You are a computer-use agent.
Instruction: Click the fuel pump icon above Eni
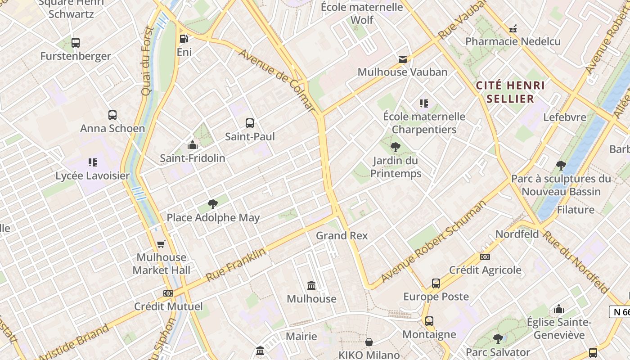pos(184,39)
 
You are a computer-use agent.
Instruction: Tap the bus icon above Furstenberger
pos(76,43)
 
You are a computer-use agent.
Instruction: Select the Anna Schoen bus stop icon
pos(112,115)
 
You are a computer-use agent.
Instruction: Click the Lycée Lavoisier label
pos(92,175)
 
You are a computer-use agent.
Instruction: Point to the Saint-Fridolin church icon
pos(193,145)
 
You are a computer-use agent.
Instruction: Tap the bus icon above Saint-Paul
pos(250,123)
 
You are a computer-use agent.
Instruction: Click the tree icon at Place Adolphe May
pos(213,204)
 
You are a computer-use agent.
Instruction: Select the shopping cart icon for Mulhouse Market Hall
pos(161,244)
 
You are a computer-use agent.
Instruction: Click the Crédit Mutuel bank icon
pos(168,293)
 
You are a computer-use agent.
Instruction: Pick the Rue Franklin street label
pos(236,265)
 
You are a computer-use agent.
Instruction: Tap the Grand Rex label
pos(342,235)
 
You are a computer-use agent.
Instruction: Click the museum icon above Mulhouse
pos(311,285)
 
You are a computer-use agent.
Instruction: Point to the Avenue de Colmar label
pos(276,79)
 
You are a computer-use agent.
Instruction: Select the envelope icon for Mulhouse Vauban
pos(402,59)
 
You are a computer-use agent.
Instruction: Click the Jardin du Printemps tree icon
pos(395,147)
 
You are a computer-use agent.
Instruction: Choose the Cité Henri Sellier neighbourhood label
pos(510,92)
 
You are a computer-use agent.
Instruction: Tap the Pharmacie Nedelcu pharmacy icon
pos(513,29)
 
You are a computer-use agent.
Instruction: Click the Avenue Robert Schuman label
pos(433,242)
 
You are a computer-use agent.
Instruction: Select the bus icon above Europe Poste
pos(436,283)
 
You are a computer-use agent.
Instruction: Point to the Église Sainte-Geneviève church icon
pos(559,309)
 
